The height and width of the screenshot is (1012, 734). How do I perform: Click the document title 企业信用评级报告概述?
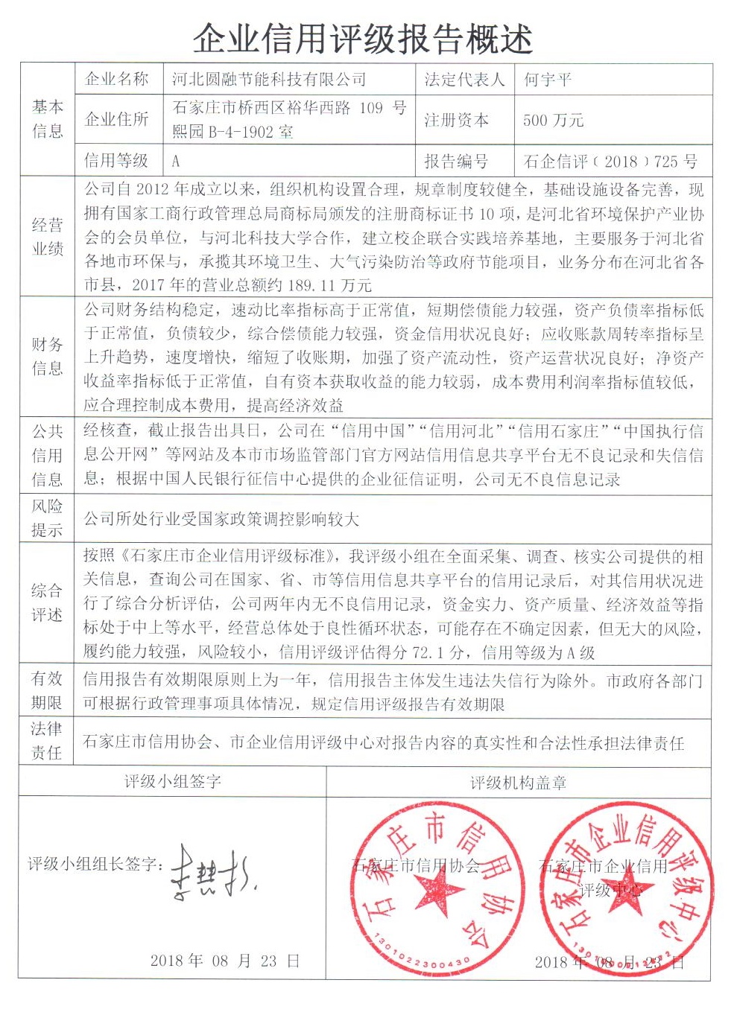coord(363,37)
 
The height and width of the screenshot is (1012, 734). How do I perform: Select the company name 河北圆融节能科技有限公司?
coord(269,80)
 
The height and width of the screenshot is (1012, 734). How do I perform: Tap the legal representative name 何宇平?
coord(548,80)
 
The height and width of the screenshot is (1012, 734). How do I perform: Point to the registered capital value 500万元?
coord(554,120)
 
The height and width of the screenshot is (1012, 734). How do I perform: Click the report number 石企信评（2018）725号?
coord(611,161)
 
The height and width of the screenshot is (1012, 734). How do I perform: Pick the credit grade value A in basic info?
coord(176,161)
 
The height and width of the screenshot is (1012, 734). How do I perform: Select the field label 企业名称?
coord(117,80)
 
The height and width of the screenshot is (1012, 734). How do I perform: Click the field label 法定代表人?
coord(464,80)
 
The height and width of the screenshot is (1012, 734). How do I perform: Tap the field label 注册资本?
coord(456,120)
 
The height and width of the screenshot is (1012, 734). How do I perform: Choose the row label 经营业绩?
coord(47,237)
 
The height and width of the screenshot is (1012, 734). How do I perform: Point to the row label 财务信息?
coord(47,356)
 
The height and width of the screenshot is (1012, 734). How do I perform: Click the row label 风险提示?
coord(47,518)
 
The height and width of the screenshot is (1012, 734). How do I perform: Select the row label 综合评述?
coord(47,602)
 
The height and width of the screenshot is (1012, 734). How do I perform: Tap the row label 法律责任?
coord(47,740)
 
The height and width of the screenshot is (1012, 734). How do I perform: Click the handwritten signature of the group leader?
coord(212,871)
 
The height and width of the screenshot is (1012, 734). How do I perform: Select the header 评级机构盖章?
coord(518,783)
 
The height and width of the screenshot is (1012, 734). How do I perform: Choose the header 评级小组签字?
coord(172,781)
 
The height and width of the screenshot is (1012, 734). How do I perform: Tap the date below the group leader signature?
coord(224,961)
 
